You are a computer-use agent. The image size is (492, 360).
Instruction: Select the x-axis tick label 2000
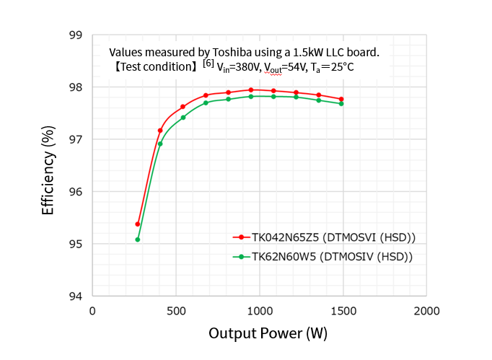[426, 311]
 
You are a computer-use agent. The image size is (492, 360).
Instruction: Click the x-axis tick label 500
[175, 311]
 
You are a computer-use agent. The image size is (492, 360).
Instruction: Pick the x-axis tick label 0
[92, 311]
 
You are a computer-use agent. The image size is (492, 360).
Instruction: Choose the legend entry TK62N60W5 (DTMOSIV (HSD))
[332, 256]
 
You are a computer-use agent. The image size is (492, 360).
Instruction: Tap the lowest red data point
[137, 224]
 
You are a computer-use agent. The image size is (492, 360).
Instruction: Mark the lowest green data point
[137, 240]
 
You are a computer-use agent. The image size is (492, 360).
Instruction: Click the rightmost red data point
[341, 99]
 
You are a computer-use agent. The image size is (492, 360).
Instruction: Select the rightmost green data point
[341, 104]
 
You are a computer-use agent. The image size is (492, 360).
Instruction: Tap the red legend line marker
[240, 237]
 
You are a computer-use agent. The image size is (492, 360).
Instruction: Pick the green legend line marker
[240, 256]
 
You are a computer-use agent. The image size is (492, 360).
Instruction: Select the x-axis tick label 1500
[343, 311]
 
